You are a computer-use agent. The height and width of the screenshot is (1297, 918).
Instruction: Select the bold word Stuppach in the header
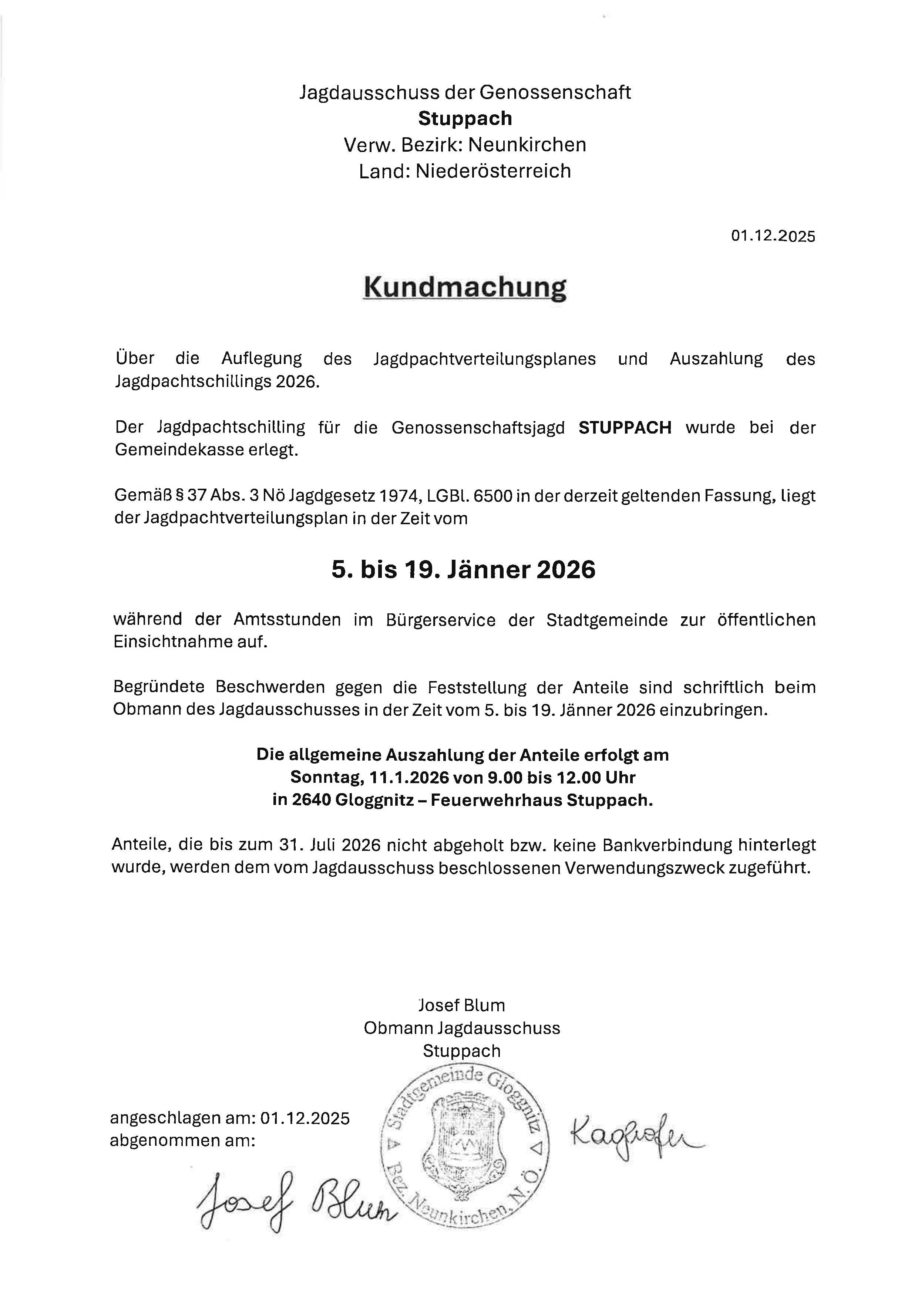tap(465, 119)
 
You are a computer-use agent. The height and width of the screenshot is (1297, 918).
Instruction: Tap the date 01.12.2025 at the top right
tap(773, 236)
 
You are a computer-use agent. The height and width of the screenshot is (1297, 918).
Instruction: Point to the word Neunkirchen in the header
tap(527, 145)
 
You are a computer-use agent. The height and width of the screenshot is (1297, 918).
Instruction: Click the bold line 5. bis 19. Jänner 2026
tap(464, 570)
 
